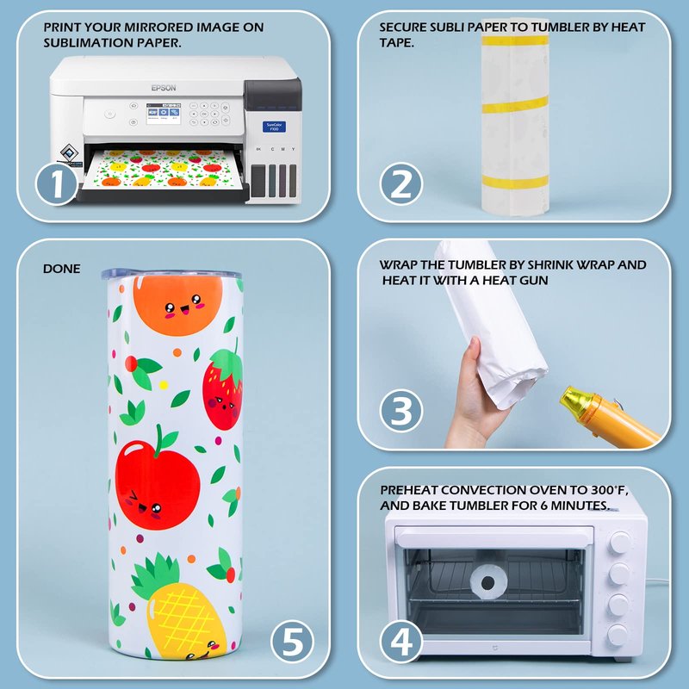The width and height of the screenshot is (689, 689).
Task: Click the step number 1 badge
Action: (x=57, y=183)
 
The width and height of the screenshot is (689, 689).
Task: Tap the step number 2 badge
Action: (x=400, y=183)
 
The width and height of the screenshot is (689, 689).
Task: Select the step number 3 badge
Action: (x=400, y=411)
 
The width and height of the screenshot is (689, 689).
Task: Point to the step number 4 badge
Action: (x=400, y=641)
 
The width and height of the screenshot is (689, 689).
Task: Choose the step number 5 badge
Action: (x=292, y=641)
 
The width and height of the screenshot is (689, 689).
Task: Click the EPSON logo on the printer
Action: (x=164, y=88)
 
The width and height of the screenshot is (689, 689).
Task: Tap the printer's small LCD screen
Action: (x=163, y=114)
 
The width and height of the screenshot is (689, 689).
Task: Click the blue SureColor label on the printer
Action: (x=274, y=127)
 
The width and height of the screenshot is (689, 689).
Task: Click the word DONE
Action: (x=61, y=269)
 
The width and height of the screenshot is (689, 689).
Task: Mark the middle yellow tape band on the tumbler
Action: (x=515, y=105)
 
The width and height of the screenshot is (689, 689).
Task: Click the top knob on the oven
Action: (x=618, y=543)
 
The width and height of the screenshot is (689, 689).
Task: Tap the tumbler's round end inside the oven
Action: (x=488, y=583)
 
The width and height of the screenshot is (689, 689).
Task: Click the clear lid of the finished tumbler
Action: (x=171, y=274)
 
